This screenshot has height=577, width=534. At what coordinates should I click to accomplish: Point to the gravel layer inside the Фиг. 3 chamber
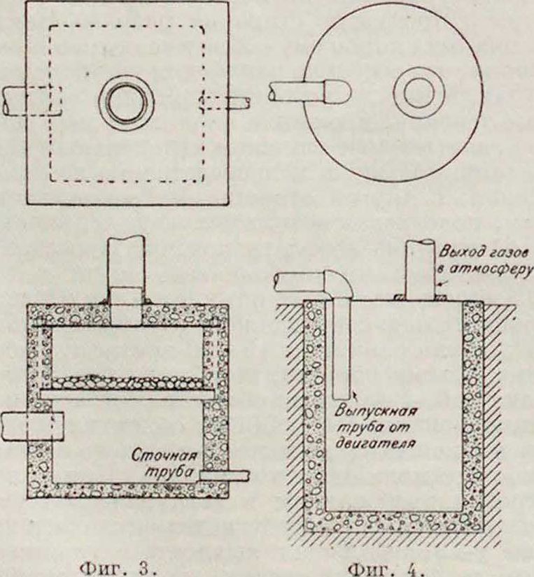coord(126,382)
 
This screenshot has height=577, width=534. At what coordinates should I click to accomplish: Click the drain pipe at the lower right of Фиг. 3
coord(224,475)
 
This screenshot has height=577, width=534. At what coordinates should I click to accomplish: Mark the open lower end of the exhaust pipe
coord(342,391)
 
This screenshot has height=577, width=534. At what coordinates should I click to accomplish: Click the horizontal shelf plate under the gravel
coord(126,394)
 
